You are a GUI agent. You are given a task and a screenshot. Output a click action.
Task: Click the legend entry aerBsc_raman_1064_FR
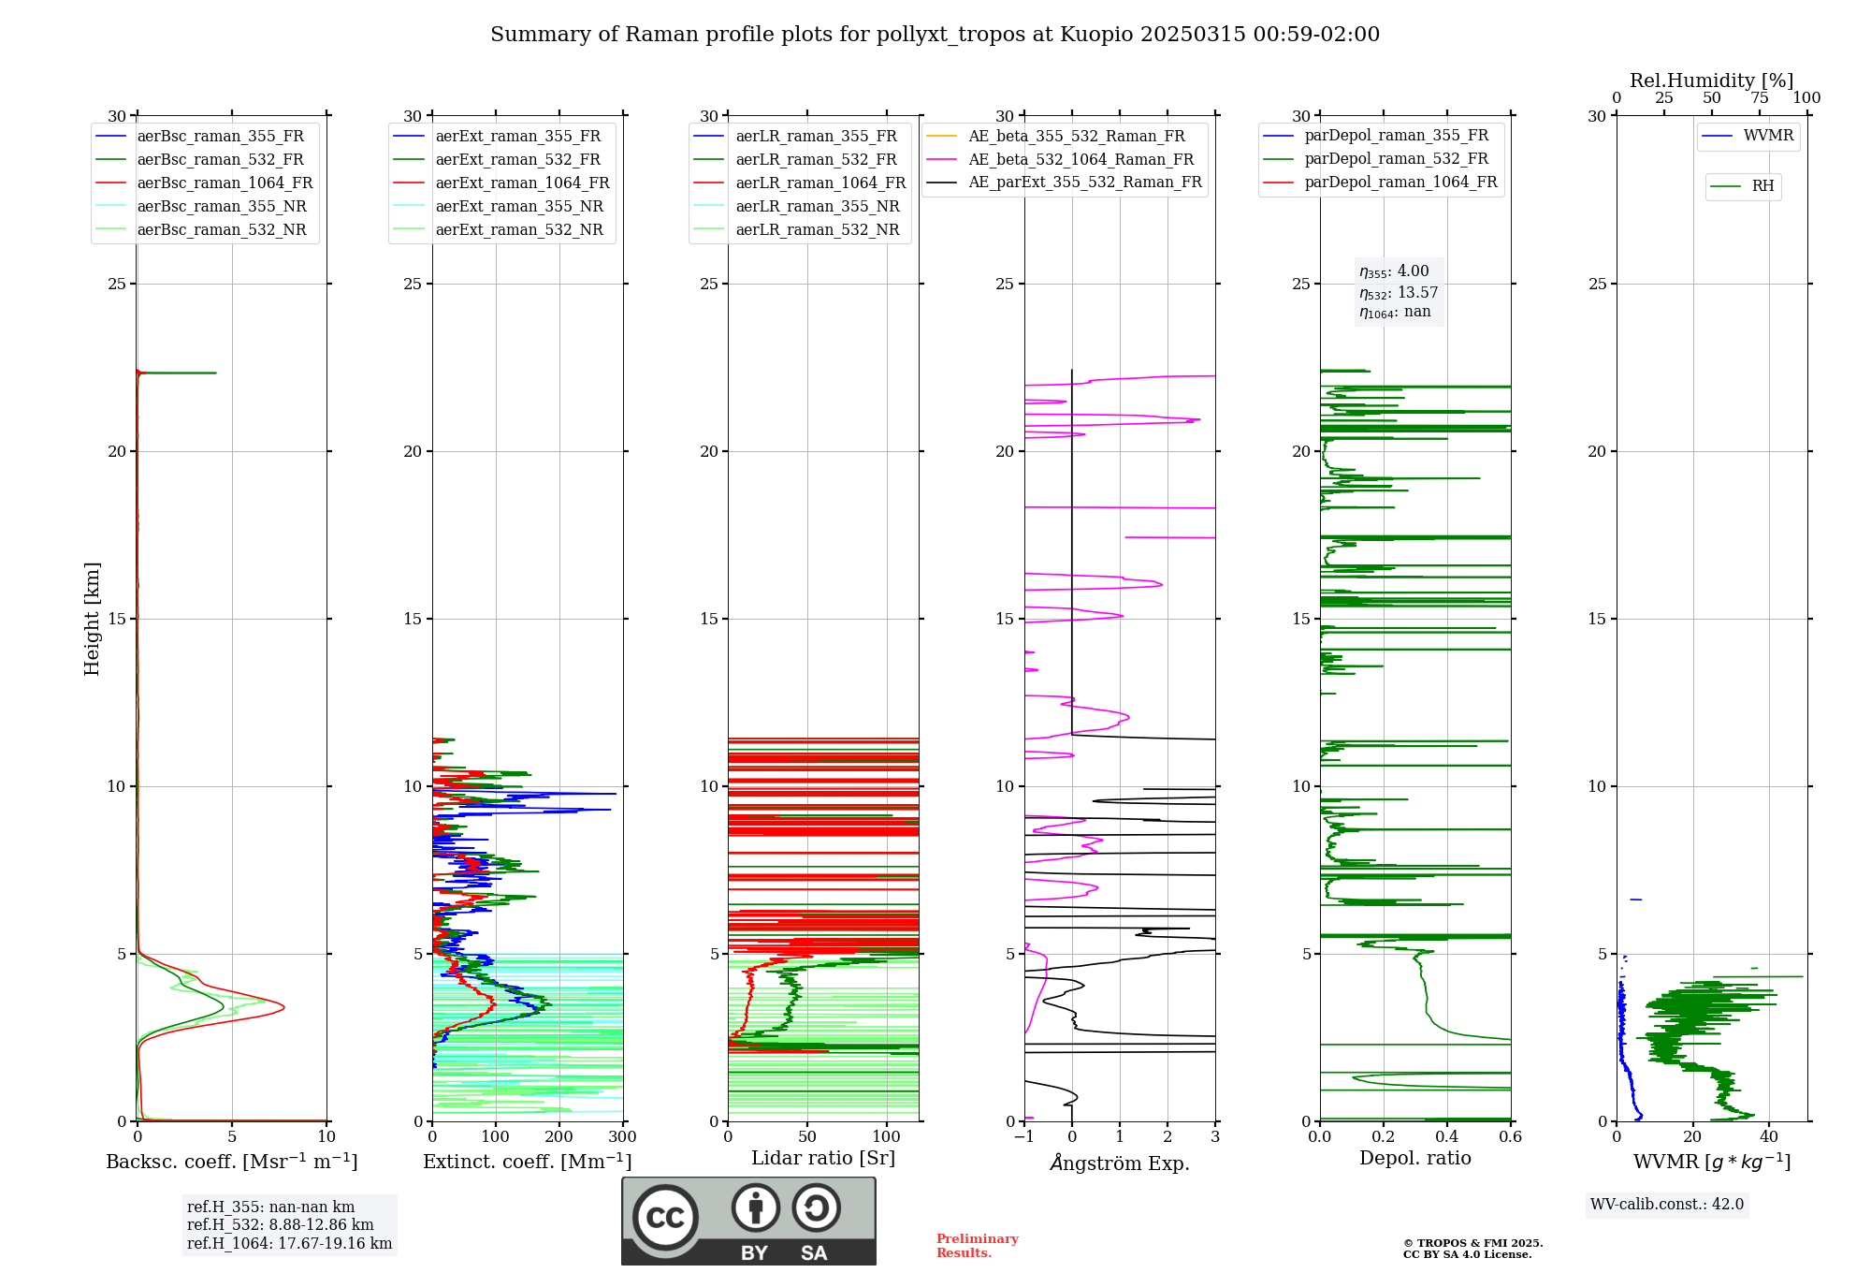pos(225,183)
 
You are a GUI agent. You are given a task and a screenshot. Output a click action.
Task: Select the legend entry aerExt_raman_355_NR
pos(518,207)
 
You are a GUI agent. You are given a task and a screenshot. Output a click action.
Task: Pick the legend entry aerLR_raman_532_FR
pos(816,160)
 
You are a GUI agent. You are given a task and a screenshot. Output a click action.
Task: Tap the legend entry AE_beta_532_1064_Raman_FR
pos(1081,160)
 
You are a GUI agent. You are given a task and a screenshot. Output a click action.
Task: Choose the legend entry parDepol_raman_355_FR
pos(1396,136)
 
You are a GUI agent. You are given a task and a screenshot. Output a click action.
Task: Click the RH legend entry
pos(1762,186)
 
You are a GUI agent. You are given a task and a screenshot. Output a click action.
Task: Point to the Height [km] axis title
pos(92,619)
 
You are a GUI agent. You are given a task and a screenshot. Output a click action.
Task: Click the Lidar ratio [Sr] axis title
pos(823,1159)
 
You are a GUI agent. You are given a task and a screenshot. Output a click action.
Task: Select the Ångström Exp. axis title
pos(1120,1163)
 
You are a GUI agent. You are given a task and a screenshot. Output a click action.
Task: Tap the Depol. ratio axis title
pos(1415,1159)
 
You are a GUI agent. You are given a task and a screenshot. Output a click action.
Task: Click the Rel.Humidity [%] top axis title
pos(1711,80)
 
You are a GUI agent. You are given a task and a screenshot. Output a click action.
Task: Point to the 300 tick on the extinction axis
pos(622,1137)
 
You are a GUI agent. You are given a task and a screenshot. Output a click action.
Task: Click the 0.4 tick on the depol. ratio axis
pos(1447,1137)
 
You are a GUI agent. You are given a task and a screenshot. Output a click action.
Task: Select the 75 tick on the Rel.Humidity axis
pos(1760,98)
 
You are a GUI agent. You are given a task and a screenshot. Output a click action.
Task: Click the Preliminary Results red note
pos(977,1246)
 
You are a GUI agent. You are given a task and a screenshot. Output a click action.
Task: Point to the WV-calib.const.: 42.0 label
pos(1667,1205)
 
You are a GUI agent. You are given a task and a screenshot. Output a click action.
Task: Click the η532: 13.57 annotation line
pos(1399,293)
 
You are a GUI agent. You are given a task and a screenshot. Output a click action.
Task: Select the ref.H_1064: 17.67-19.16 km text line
pos(289,1244)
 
